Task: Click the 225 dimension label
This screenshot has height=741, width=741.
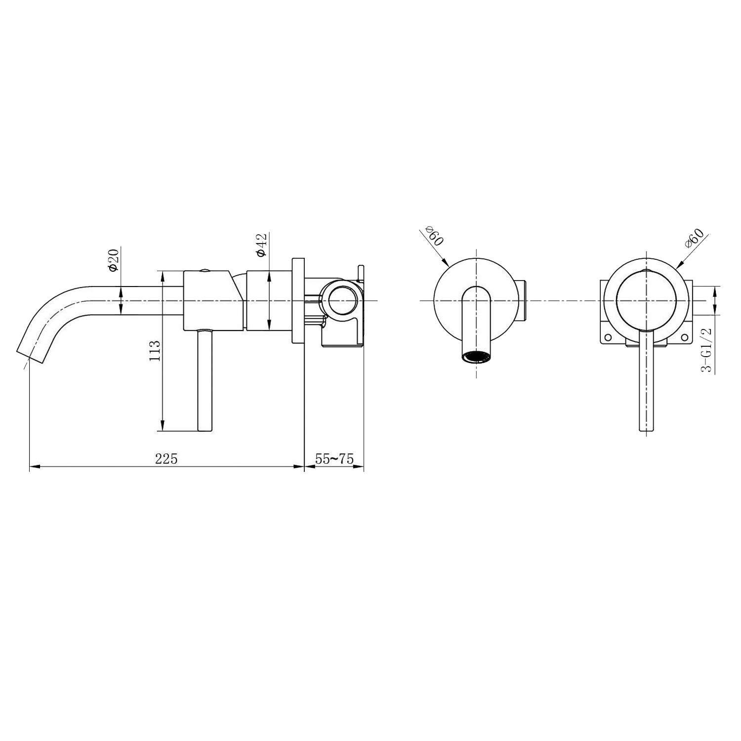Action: [166, 458]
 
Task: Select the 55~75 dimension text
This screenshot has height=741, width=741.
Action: [334, 458]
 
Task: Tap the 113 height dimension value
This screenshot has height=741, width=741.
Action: [155, 351]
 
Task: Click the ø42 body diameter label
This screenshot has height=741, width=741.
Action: [262, 245]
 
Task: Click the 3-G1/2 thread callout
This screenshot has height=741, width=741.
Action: [707, 349]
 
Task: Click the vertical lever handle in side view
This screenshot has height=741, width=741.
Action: [205, 380]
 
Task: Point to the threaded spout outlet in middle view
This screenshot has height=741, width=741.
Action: [477, 357]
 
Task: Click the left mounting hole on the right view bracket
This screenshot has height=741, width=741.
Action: [608, 337]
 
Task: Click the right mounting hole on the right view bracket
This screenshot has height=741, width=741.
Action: [684, 337]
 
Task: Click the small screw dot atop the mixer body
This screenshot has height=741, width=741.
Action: [203, 271]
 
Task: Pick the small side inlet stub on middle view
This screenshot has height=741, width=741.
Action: [525, 300]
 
